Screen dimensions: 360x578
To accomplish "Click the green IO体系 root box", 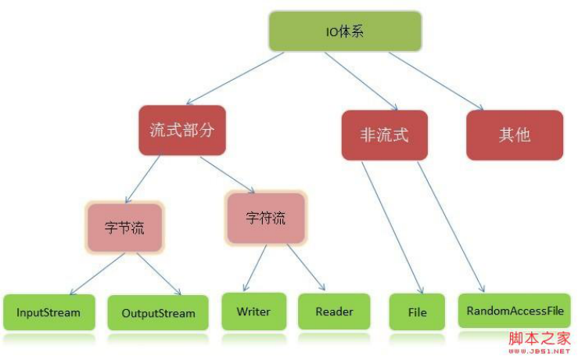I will [x=345, y=32].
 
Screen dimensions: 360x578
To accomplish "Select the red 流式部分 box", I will [x=181, y=130].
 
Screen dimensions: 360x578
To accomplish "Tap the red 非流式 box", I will [x=384, y=135].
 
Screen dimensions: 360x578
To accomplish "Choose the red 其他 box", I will [x=514, y=135].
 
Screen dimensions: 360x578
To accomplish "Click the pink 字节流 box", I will [x=124, y=228].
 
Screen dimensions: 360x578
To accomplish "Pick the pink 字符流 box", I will [x=265, y=218].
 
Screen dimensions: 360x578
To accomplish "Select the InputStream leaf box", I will [x=48, y=312].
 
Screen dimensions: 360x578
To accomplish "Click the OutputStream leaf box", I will [x=158, y=313].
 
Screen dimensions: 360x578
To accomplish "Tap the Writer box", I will [x=253, y=311].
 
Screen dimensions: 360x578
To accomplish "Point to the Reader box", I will [x=335, y=311].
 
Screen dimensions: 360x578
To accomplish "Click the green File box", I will [x=417, y=312].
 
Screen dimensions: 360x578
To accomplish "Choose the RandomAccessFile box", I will [x=515, y=311].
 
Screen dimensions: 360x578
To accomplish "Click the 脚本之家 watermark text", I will [x=540, y=337].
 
